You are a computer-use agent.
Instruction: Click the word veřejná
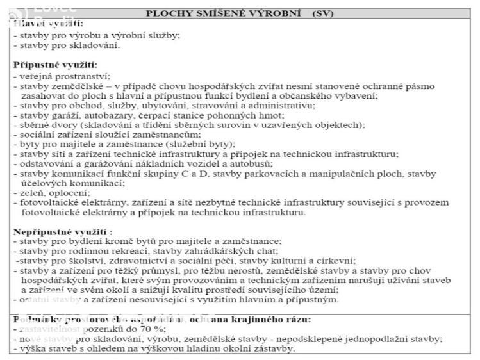(32, 76)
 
